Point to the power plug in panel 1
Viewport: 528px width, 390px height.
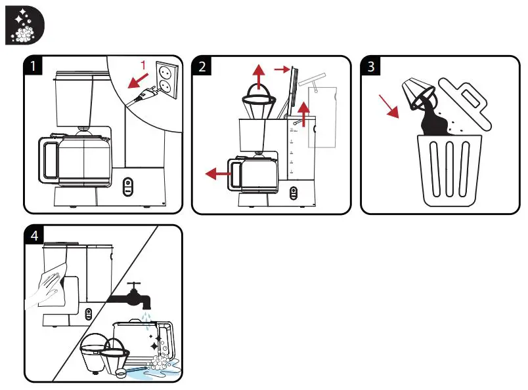coord(144,96)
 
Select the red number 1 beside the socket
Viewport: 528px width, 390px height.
coord(143,64)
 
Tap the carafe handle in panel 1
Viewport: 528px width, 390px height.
coord(47,159)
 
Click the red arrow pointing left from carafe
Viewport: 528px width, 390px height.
coord(216,174)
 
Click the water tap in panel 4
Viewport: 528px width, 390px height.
coord(135,296)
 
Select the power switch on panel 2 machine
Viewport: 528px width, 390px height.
coord(294,193)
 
